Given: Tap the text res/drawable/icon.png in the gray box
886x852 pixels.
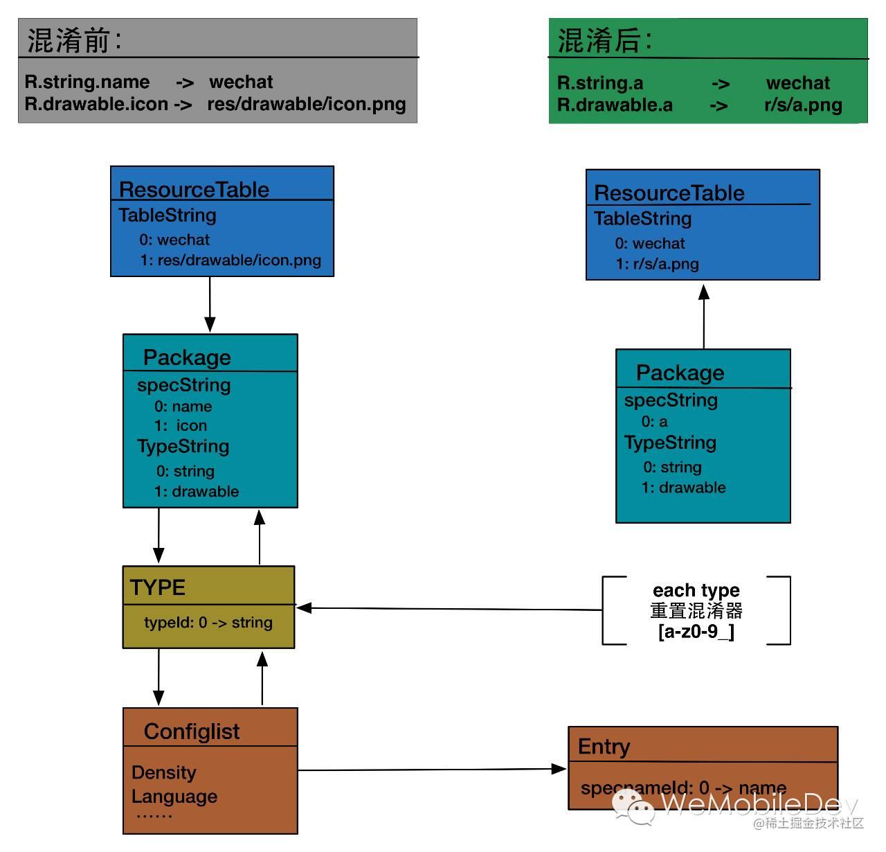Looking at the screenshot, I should [306, 104].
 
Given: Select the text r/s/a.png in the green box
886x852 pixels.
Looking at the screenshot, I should [803, 105].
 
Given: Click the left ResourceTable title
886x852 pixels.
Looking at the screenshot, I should [194, 189].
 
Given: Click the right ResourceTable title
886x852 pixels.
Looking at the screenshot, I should [669, 193].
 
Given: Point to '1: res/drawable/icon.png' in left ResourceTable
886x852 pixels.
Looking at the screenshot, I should [230, 260].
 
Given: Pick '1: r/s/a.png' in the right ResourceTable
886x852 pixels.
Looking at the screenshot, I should [657, 264].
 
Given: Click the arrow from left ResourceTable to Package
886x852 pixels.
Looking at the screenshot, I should [210, 305].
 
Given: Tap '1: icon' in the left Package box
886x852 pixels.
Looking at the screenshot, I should [181, 425].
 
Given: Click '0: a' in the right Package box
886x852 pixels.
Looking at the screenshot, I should [654, 421].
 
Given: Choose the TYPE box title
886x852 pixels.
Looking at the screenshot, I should [158, 587].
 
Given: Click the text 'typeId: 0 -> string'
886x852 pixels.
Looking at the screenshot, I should [208, 622].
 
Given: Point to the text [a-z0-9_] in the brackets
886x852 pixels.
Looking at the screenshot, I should [696, 631].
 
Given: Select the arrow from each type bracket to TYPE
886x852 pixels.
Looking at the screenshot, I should [450, 609].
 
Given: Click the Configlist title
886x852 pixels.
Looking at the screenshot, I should [192, 731].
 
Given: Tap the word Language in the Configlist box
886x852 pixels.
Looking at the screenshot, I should [174, 797].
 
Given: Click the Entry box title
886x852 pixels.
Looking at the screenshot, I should [604, 746].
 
